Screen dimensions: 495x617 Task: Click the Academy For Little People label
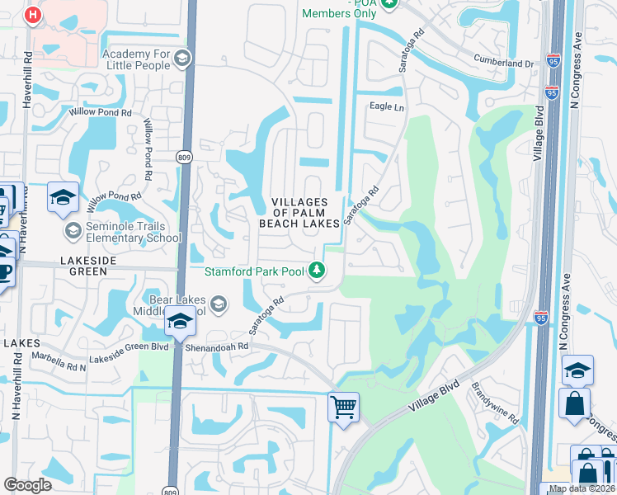tap(136, 59)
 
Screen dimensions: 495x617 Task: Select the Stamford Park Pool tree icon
tap(316, 269)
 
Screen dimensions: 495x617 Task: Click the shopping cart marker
tap(343, 407)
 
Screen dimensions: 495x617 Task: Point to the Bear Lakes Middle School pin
tap(180, 321)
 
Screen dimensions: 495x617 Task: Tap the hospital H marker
tap(32, 15)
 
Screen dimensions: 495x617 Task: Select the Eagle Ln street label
tap(387, 107)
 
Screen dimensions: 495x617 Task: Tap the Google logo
tap(28, 485)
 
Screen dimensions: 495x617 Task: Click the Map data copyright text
tap(582, 488)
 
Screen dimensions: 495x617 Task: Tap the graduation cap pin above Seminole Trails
tap(63, 197)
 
